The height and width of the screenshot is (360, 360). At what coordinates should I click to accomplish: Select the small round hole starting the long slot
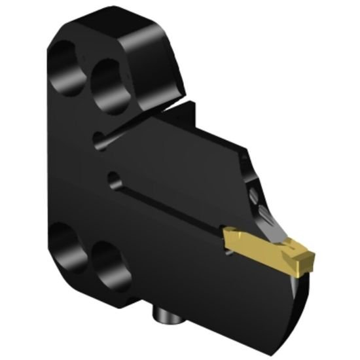click(x=114, y=176)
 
